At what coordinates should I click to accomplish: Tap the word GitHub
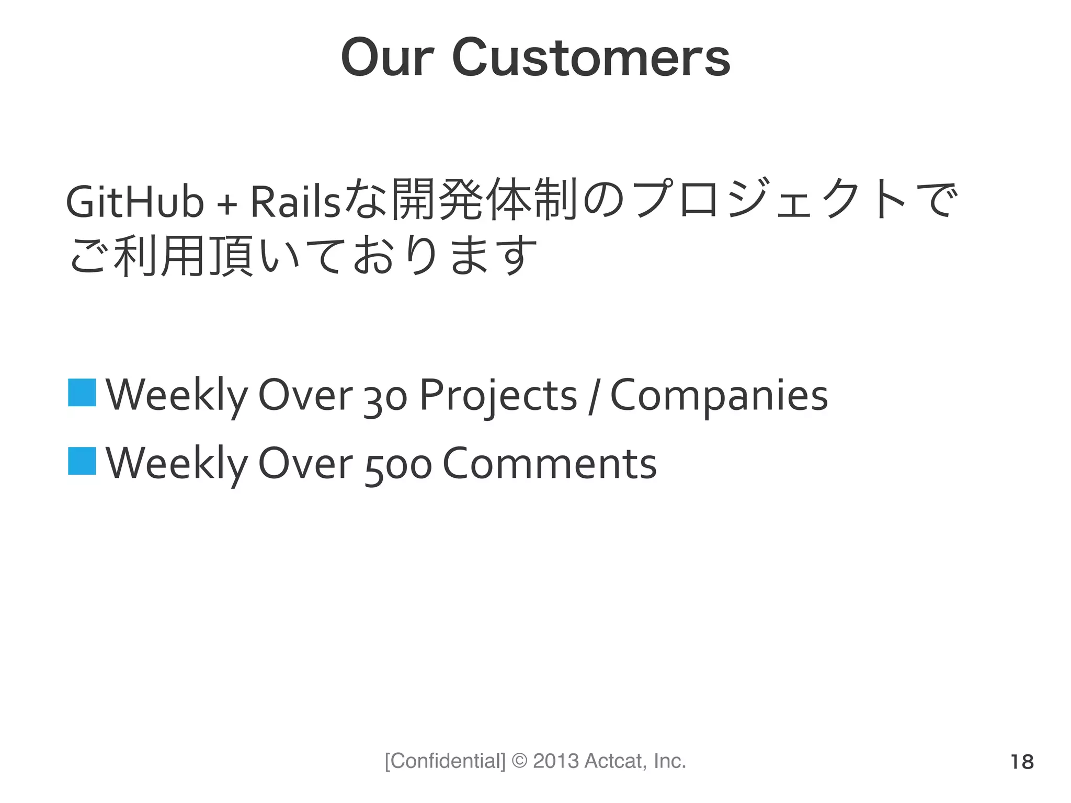134,203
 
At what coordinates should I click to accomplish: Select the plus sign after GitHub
227,204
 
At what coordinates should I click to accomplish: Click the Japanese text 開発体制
484,199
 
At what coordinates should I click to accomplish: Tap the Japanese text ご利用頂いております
303,256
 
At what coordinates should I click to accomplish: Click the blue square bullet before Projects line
82,393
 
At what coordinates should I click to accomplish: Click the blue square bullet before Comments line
82,461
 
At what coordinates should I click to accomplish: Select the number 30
385,397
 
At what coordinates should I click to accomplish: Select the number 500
398,465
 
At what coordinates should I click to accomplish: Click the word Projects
498,396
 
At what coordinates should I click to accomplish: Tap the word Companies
719,396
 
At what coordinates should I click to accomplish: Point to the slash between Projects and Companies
593,397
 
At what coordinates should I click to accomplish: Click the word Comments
550,464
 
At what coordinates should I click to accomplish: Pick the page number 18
1022,762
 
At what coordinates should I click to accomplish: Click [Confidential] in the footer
445,761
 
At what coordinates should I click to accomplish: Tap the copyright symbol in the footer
519,761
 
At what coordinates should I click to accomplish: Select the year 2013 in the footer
556,761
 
